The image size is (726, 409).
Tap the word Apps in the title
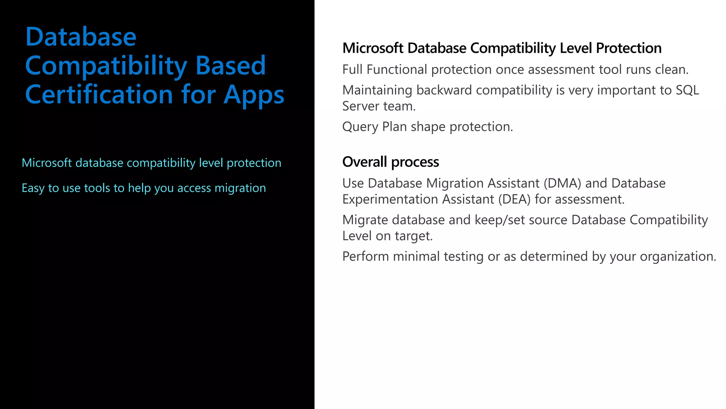[254, 95]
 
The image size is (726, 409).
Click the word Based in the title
[230, 66]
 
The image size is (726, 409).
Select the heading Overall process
[390, 162]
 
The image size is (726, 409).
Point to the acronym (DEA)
[514, 199]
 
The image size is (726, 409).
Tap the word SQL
[687, 90]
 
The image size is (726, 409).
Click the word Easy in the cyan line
[33, 188]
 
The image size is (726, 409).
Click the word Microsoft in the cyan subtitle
[47, 163]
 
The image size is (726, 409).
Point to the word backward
[444, 90]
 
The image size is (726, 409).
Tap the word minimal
[416, 256]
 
